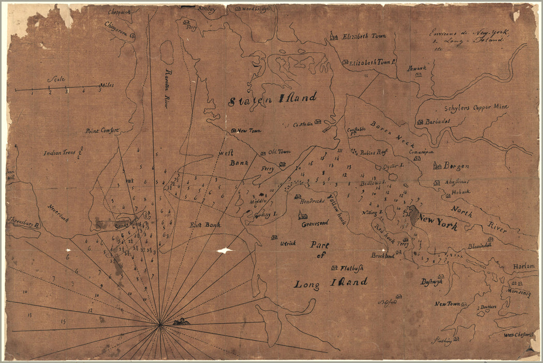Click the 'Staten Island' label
tap(272, 99)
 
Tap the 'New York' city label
tap(438, 222)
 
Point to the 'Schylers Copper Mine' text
tap(476, 107)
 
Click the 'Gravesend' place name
tap(315, 224)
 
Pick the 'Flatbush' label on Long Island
tap(352, 268)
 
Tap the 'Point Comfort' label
tap(102, 131)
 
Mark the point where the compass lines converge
tap(160, 325)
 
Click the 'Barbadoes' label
tap(438, 121)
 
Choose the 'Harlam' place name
tap(523, 266)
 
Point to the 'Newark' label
tap(416, 68)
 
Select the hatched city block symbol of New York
tap(413, 215)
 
